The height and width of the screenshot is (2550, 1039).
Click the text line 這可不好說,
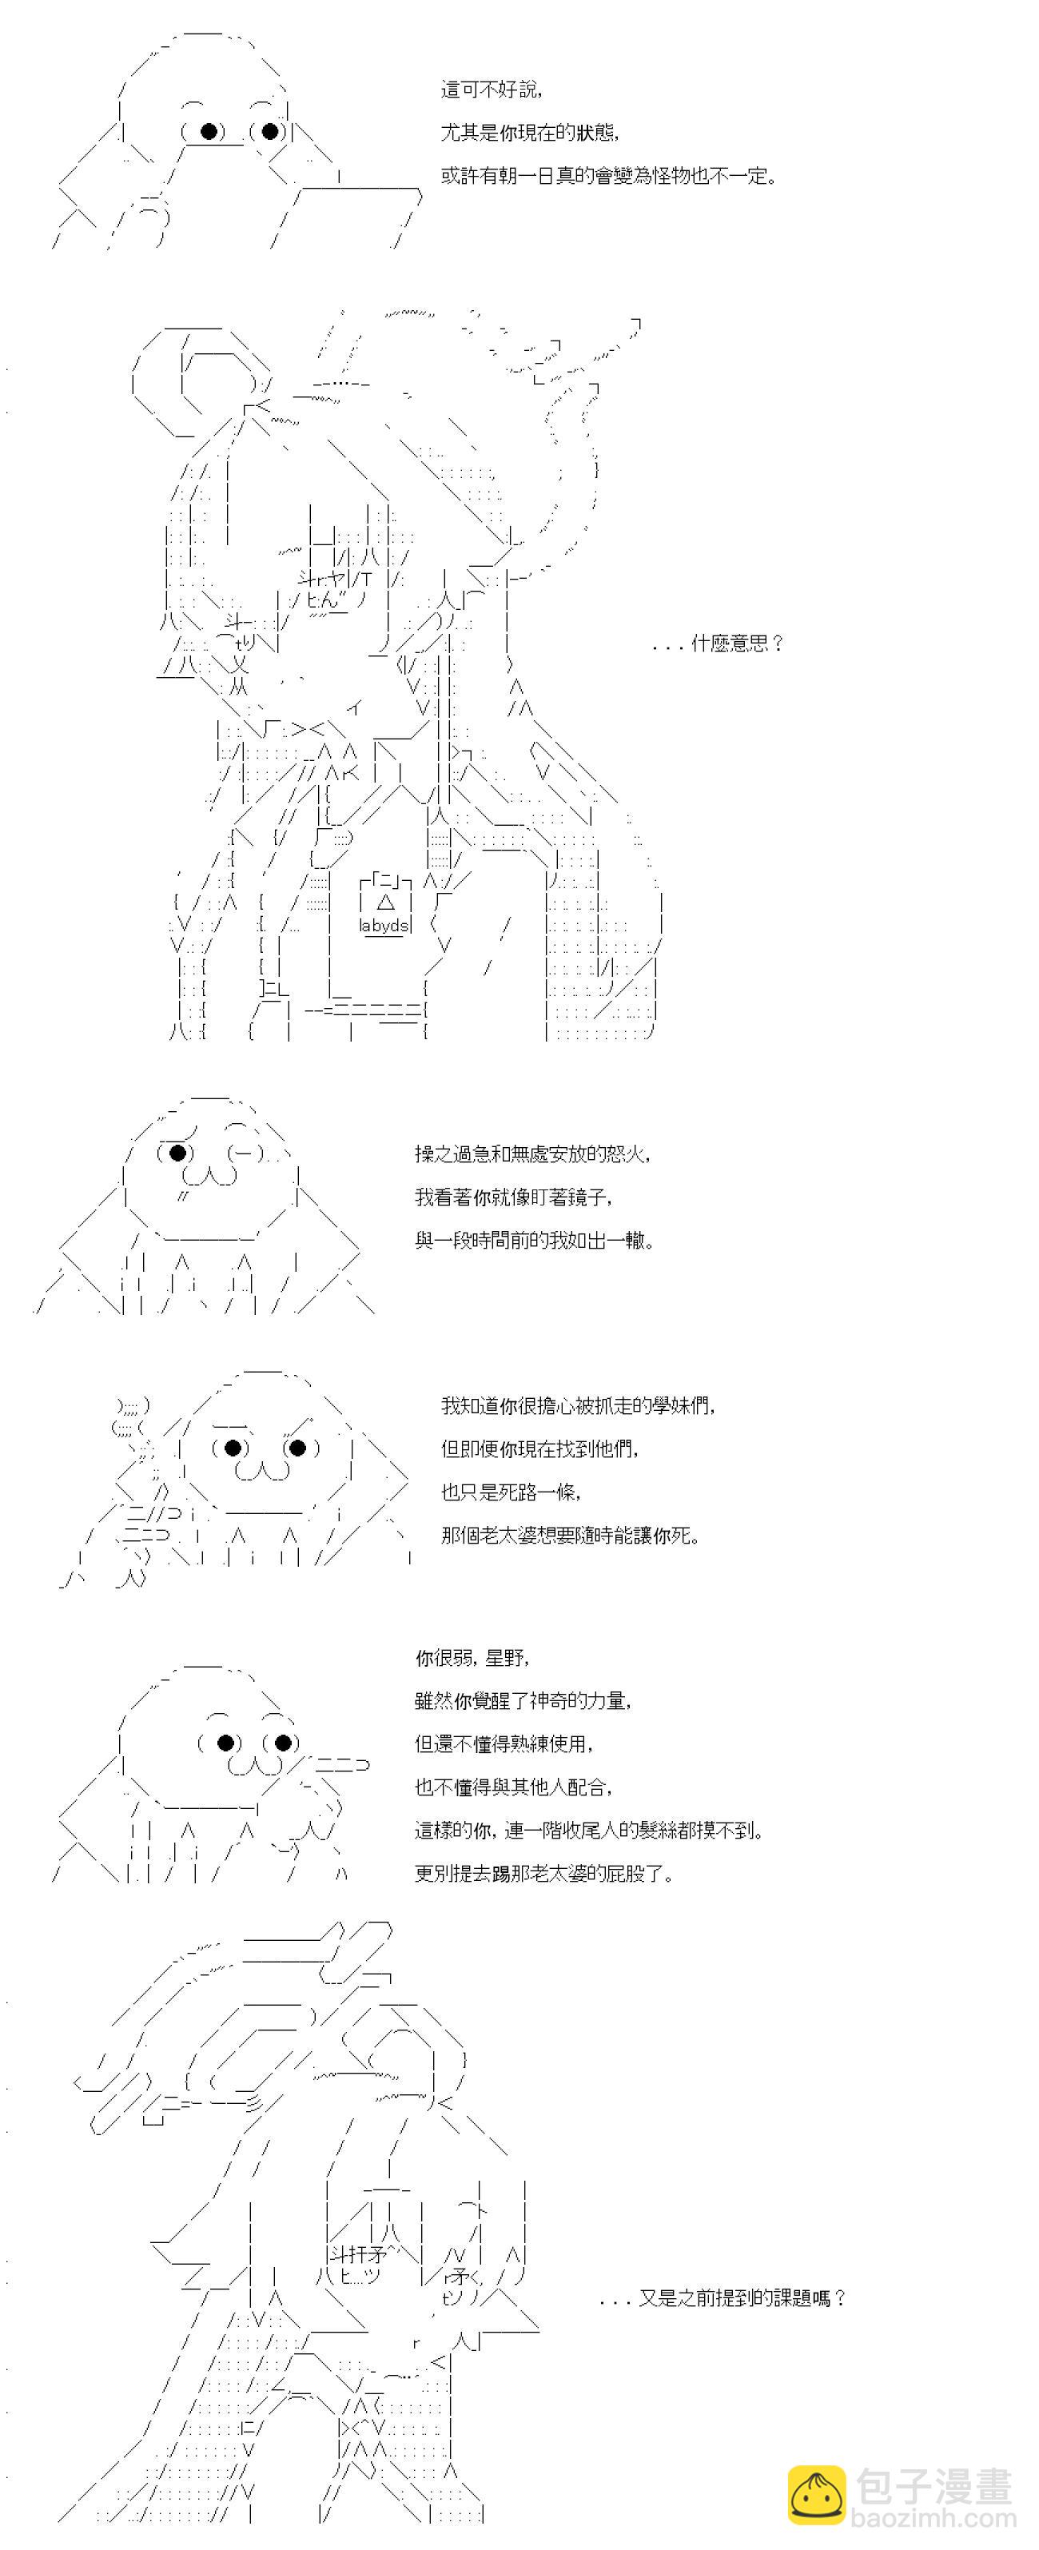pyautogui.click(x=491, y=90)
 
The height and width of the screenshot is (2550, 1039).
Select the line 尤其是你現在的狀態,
pyautogui.click(x=531, y=133)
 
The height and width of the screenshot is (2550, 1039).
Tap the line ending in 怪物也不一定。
pyautogui.click(x=608, y=176)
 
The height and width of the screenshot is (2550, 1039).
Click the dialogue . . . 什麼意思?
pyautogui.click(x=718, y=644)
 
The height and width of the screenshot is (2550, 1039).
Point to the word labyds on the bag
pyautogui.click(x=384, y=926)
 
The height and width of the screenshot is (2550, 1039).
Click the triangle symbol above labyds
pyautogui.click(x=386, y=902)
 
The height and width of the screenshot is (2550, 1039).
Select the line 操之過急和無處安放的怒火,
pyautogui.click(x=532, y=1154)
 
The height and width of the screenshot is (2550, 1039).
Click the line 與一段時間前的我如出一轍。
pyautogui.click(x=535, y=1241)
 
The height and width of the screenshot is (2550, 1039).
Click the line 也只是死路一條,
pyautogui.click(x=511, y=1492)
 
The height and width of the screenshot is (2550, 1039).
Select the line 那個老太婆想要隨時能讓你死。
pyautogui.click(x=571, y=1536)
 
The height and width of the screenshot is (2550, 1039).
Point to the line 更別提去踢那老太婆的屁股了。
pyautogui.click(x=544, y=1874)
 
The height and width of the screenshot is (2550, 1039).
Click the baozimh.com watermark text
pyautogui.click(x=935, y=2517)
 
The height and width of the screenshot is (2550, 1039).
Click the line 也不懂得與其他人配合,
pyautogui.click(x=514, y=1787)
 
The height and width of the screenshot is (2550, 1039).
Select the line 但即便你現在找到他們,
pyautogui.click(x=540, y=1449)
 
